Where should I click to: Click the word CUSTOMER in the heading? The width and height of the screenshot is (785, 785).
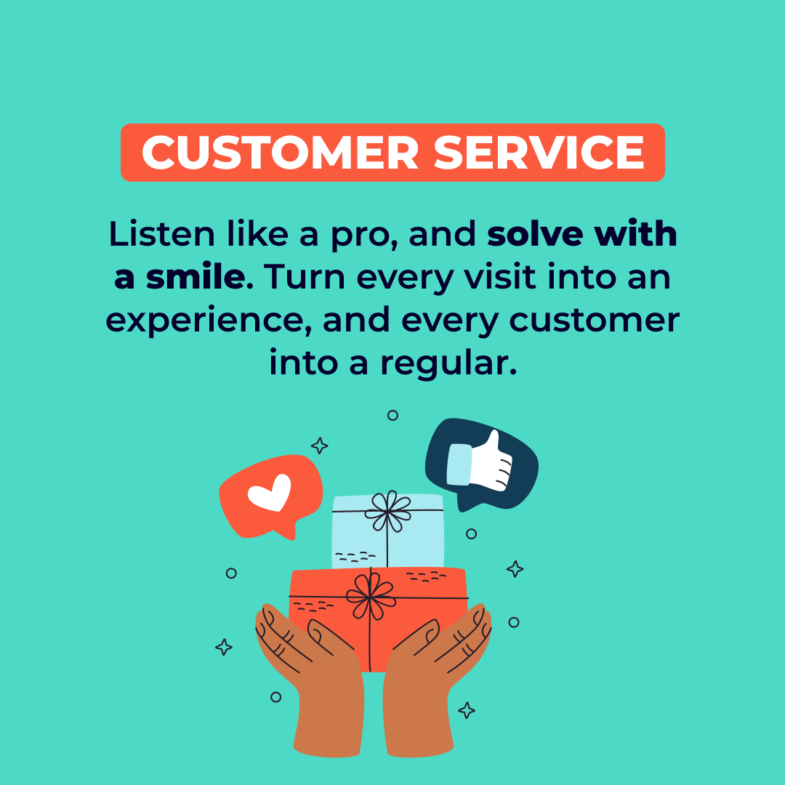(x=280, y=153)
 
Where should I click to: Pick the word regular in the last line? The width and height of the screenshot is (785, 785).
(x=448, y=363)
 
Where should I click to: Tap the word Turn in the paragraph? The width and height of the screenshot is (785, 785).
(x=300, y=278)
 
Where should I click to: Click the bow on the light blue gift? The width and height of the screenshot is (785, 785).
(x=387, y=510)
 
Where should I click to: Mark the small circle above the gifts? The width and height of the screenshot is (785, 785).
(x=392, y=415)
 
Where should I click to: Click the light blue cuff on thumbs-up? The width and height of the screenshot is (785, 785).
(x=458, y=464)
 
